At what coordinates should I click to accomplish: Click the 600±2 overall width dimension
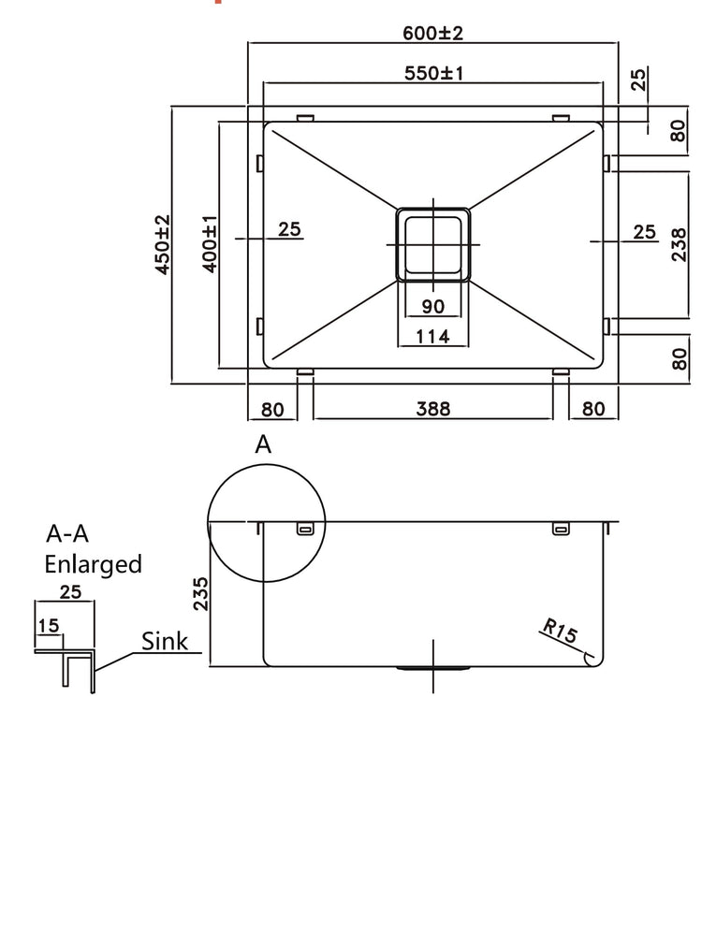(x=433, y=34)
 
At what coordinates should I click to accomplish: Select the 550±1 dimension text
(x=433, y=73)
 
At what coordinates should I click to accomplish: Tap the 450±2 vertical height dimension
(x=162, y=244)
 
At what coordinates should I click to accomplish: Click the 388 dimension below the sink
(x=433, y=408)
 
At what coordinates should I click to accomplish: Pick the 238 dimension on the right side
(x=680, y=244)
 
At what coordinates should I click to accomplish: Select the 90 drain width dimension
(x=432, y=305)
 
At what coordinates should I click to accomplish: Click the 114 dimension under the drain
(x=432, y=336)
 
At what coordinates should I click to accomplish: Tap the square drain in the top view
(x=432, y=243)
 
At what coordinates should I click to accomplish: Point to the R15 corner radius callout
(x=559, y=632)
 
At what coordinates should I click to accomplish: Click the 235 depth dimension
(x=200, y=593)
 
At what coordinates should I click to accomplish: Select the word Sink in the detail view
(x=165, y=641)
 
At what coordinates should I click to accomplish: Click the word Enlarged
(x=94, y=564)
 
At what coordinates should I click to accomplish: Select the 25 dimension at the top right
(x=640, y=80)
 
